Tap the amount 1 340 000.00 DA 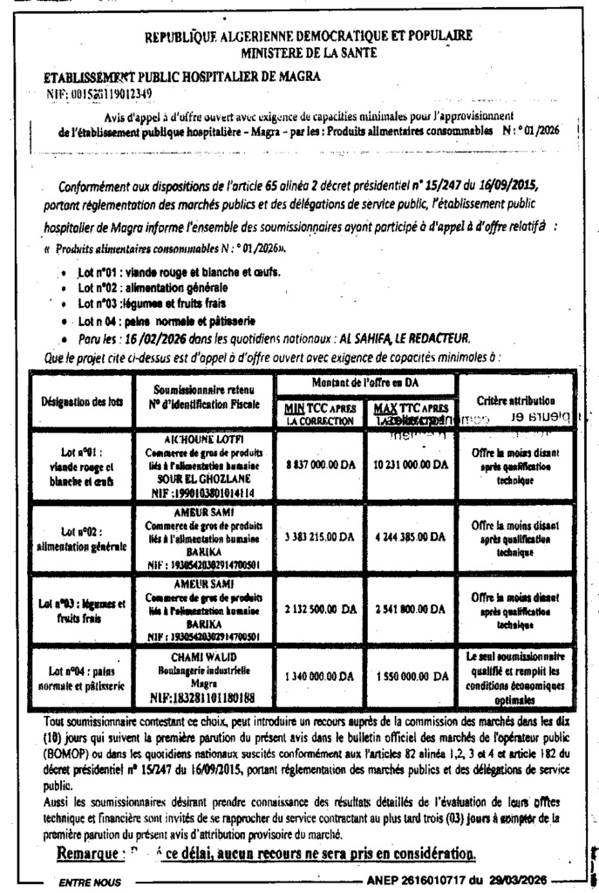(x=317, y=676)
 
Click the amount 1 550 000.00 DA (x=407, y=676)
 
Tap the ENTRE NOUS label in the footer (x=87, y=883)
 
